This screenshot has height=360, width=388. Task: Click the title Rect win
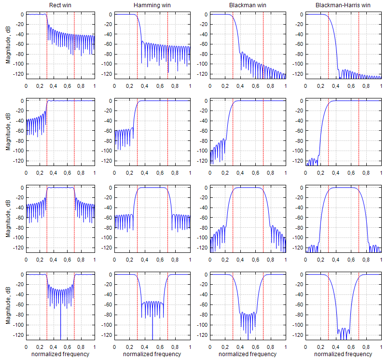coord(60,5)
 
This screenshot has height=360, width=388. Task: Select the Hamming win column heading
coord(151,5)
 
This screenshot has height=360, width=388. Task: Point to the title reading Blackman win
coord(246,5)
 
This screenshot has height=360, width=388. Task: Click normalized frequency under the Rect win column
coord(60,354)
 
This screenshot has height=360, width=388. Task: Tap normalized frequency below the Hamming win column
coord(152,354)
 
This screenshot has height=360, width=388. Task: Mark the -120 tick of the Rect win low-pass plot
coord(18,74)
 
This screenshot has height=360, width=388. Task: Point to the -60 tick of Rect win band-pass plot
coord(19,218)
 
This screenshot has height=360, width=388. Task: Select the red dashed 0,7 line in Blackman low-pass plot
coord(263,46)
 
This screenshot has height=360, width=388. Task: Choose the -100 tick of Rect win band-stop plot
coord(18,324)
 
